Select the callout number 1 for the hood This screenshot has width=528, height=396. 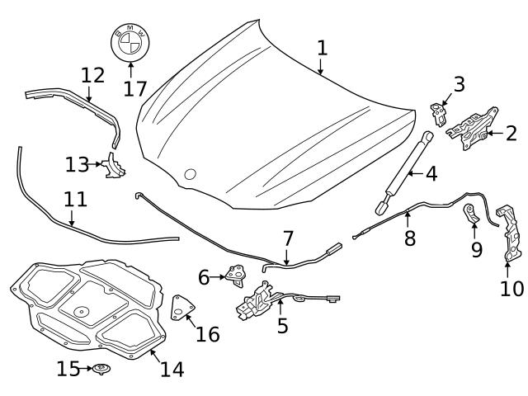[x=322, y=47]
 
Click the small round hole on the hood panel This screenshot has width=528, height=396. [x=191, y=174]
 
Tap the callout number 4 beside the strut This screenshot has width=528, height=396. [x=431, y=174]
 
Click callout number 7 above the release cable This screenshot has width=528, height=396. [x=288, y=238]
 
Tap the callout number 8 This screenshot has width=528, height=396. [x=409, y=238]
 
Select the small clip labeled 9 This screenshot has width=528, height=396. [x=471, y=215]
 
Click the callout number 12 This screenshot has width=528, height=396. [x=93, y=76]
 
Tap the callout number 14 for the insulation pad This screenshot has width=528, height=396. [x=172, y=369]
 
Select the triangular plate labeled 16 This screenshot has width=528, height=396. [x=180, y=309]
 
